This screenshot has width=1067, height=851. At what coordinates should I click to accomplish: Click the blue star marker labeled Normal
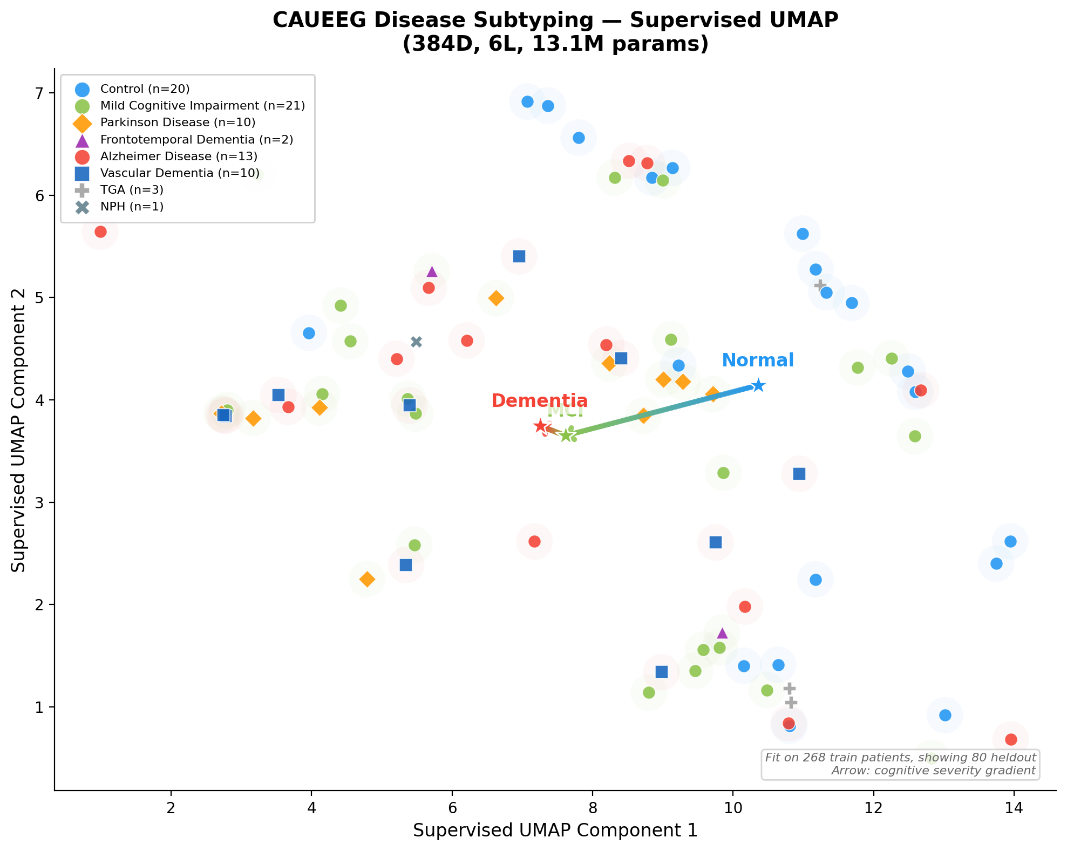pyautogui.click(x=758, y=385)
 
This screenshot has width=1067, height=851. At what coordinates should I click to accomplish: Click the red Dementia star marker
pyautogui.click(x=540, y=426)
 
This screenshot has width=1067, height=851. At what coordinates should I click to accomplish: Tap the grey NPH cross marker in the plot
pyautogui.click(x=416, y=342)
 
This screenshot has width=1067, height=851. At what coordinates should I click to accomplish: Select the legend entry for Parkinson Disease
pyautogui.click(x=178, y=122)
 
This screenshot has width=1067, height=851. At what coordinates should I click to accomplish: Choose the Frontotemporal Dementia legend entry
pyautogui.click(x=196, y=140)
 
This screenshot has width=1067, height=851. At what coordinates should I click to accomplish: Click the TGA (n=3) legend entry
pyautogui.click(x=132, y=190)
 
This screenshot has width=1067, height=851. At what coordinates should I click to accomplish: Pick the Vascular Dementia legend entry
pyautogui.click(x=179, y=173)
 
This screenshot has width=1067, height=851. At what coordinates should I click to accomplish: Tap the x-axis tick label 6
pyautogui.click(x=452, y=807)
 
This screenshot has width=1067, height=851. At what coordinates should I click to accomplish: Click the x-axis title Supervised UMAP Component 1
pyautogui.click(x=555, y=830)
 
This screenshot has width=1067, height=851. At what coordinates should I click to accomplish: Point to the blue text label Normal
pyautogui.click(x=757, y=360)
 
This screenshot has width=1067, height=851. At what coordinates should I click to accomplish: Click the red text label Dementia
pyautogui.click(x=539, y=400)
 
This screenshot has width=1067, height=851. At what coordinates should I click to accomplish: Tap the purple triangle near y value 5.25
pyautogui.click(x=432, y=271)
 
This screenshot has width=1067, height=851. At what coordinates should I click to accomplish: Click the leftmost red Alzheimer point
pyautogui.click(x=100, y=232)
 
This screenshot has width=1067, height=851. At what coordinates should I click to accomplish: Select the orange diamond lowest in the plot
pyautogui.click(x=367, y=579)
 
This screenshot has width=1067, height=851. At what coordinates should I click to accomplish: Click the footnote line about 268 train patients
pyautogui.click(x=900, y=757)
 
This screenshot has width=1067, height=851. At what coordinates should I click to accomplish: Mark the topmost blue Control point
pyautogui.click(x=527, y=101)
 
